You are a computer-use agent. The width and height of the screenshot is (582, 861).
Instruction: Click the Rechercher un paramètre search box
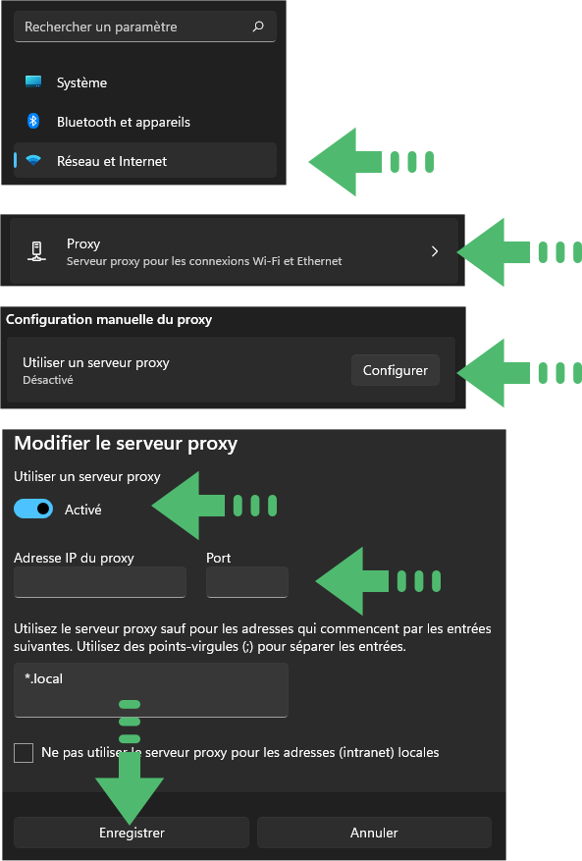point(145,27)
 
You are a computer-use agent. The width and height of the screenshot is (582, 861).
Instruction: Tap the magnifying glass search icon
point(258,27)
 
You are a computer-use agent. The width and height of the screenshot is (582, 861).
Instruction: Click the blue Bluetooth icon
point(33,121)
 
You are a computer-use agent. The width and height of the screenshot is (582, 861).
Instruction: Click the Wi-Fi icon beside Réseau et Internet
point(33,160)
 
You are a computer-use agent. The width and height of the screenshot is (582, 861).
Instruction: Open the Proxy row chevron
point(435,251)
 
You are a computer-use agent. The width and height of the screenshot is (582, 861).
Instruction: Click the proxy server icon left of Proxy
point(36,251)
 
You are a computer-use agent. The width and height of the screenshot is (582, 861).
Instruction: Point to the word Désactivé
point(48,380)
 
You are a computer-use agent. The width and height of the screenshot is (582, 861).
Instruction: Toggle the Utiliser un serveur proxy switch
point(33,509)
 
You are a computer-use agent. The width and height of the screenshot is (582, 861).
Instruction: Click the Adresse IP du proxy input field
point(100,582)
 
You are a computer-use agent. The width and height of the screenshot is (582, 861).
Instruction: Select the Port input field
point(247,582)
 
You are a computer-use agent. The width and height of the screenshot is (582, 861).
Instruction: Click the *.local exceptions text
point(44,678)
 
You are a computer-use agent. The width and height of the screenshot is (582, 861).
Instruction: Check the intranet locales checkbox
point(24,753)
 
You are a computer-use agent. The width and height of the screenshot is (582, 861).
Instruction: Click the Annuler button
point(374,833)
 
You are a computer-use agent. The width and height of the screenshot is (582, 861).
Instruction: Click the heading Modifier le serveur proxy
point(126,443)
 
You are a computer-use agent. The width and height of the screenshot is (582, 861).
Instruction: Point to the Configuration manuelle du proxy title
point(109,320)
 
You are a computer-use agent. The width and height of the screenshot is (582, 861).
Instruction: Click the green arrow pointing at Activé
point(214,506)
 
